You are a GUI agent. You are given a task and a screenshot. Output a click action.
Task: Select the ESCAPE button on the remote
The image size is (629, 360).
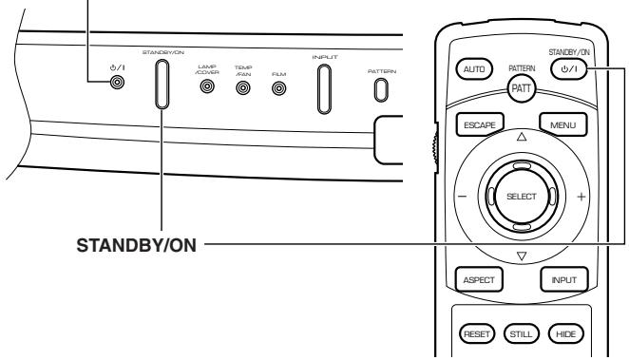477,123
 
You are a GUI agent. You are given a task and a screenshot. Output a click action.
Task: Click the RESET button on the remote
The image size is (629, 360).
477,332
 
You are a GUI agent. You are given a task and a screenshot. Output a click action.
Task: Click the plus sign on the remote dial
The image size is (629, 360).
580,196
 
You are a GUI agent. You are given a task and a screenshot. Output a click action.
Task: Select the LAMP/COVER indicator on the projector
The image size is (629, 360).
207,88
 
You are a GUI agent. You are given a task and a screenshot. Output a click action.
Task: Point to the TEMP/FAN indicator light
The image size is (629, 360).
243,88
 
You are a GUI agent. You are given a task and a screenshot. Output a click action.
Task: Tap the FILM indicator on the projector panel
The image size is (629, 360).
279,88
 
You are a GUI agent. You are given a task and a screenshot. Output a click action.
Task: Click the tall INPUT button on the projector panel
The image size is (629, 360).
323,88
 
